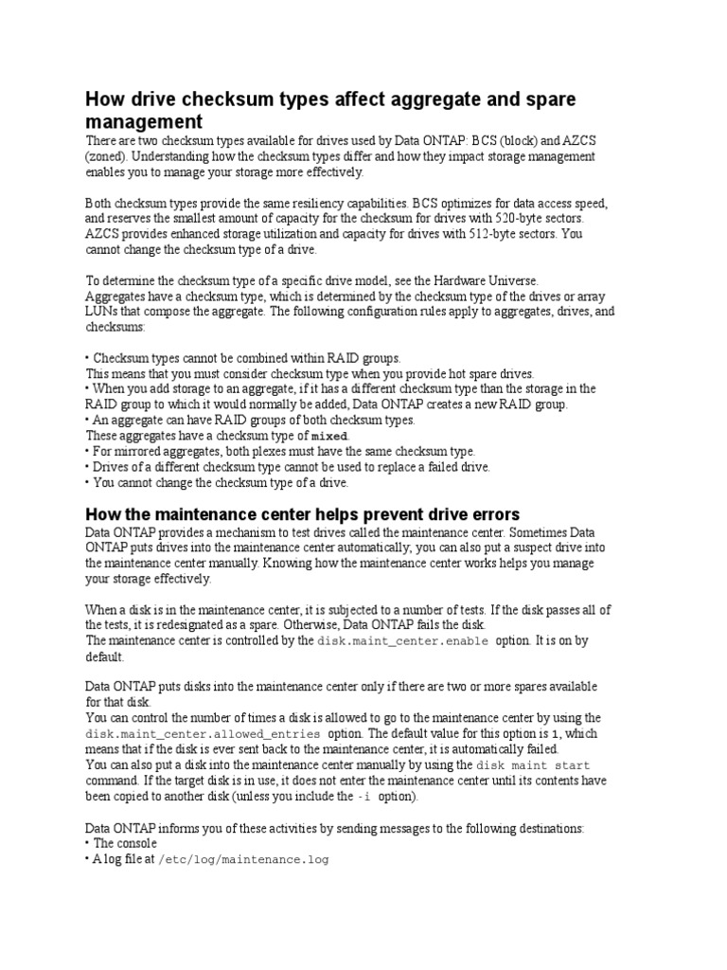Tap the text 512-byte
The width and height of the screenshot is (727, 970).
511,234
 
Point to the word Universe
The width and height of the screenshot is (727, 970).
512,280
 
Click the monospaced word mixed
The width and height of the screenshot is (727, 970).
330,436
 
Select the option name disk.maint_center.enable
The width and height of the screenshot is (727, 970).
403,641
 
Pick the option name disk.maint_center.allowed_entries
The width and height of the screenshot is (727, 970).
204,734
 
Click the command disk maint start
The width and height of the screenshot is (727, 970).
533,765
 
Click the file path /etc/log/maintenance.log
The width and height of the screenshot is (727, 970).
242,860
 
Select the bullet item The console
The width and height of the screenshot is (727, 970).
125,843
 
